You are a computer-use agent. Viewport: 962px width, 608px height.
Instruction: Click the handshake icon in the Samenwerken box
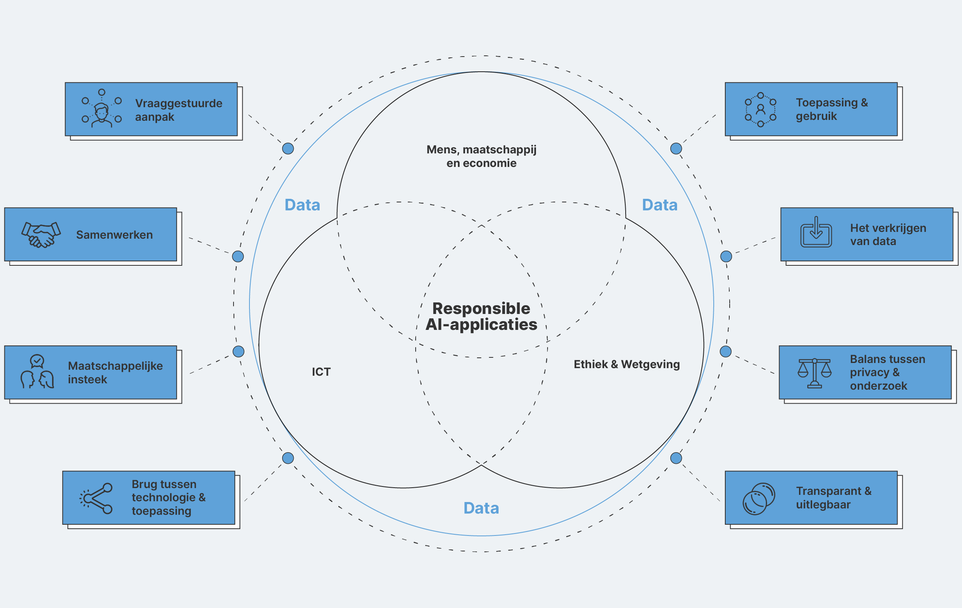tap(41, 235)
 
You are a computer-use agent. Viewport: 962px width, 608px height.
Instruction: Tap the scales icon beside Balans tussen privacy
tap(814, 373)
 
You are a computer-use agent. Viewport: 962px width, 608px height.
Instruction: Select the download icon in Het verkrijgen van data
tap(816, 233)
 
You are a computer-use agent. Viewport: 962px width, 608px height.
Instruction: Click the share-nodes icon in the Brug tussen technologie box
tap(96, 498)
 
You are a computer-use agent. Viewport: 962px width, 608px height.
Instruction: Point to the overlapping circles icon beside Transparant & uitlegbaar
tap(759, 498)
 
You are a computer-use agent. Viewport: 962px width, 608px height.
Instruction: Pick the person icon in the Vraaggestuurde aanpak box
tap(102, 109)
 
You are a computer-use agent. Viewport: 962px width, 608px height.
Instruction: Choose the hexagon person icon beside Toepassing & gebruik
tap(760, 110)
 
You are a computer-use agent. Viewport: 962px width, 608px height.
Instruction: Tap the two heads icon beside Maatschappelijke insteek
tap(37, 372)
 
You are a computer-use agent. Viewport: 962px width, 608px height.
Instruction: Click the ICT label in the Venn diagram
tap(321, 372)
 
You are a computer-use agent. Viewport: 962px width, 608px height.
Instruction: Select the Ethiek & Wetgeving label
tap(626, 364)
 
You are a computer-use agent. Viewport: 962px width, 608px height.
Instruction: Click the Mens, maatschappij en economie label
tap(481, 156)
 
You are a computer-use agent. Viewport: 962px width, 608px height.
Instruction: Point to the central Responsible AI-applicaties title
tap(481, 316)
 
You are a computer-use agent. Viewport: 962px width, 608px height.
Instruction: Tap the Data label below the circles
tap(481, 508)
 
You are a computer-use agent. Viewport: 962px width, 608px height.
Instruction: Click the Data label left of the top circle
tap(302, 205)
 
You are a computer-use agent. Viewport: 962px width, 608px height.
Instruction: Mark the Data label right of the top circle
tap(660, 205)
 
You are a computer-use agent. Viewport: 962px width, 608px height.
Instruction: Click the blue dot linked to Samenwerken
tap(238, 257)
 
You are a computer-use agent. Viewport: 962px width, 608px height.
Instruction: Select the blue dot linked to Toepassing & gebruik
tap(676, 149)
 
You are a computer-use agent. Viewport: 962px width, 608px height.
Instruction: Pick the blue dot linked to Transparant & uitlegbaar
tap(676, 458)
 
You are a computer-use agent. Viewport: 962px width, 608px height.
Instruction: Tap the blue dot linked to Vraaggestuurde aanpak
tap(288, 149)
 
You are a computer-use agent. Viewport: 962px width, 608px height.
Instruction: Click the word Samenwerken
tap(114, 235)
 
